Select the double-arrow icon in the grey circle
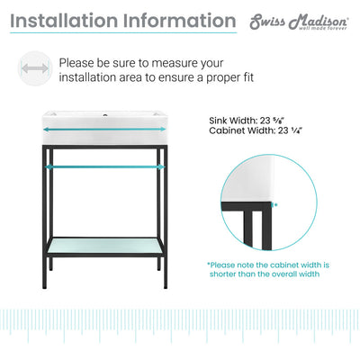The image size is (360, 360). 33,68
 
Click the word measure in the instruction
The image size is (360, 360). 171,64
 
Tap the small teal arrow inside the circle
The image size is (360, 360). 274,204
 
